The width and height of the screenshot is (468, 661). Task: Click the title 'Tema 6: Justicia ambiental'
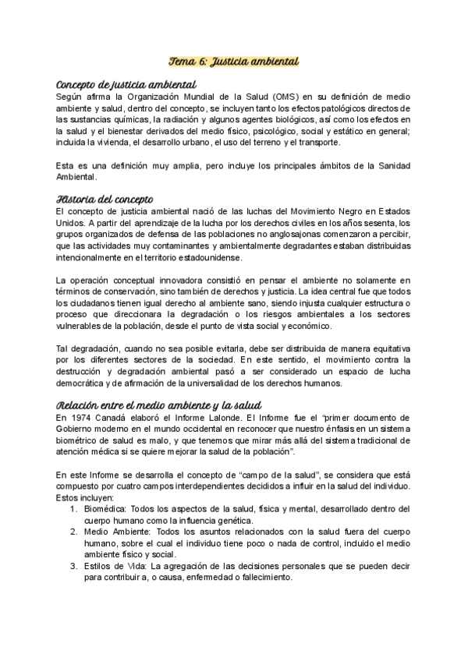[x=234, y=60]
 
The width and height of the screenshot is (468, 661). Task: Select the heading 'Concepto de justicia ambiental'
[x=126, y=84]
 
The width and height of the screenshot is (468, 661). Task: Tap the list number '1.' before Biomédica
[x=72, y=508]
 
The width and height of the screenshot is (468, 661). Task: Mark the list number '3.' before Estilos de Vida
[x=72, y=567]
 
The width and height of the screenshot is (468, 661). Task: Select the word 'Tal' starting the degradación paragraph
[x=62, y=347]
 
